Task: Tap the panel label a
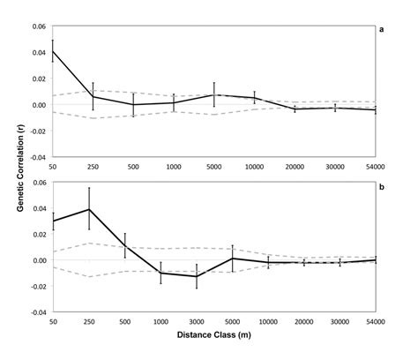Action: coord(381,29)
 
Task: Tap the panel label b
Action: coord(381,185)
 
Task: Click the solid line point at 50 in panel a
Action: coord(53,51)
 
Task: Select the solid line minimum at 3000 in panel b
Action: coord(196,276)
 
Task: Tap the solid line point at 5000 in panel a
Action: coord(213,94)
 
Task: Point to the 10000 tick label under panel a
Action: coord(254,167)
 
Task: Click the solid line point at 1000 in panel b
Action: coord(160,273)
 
